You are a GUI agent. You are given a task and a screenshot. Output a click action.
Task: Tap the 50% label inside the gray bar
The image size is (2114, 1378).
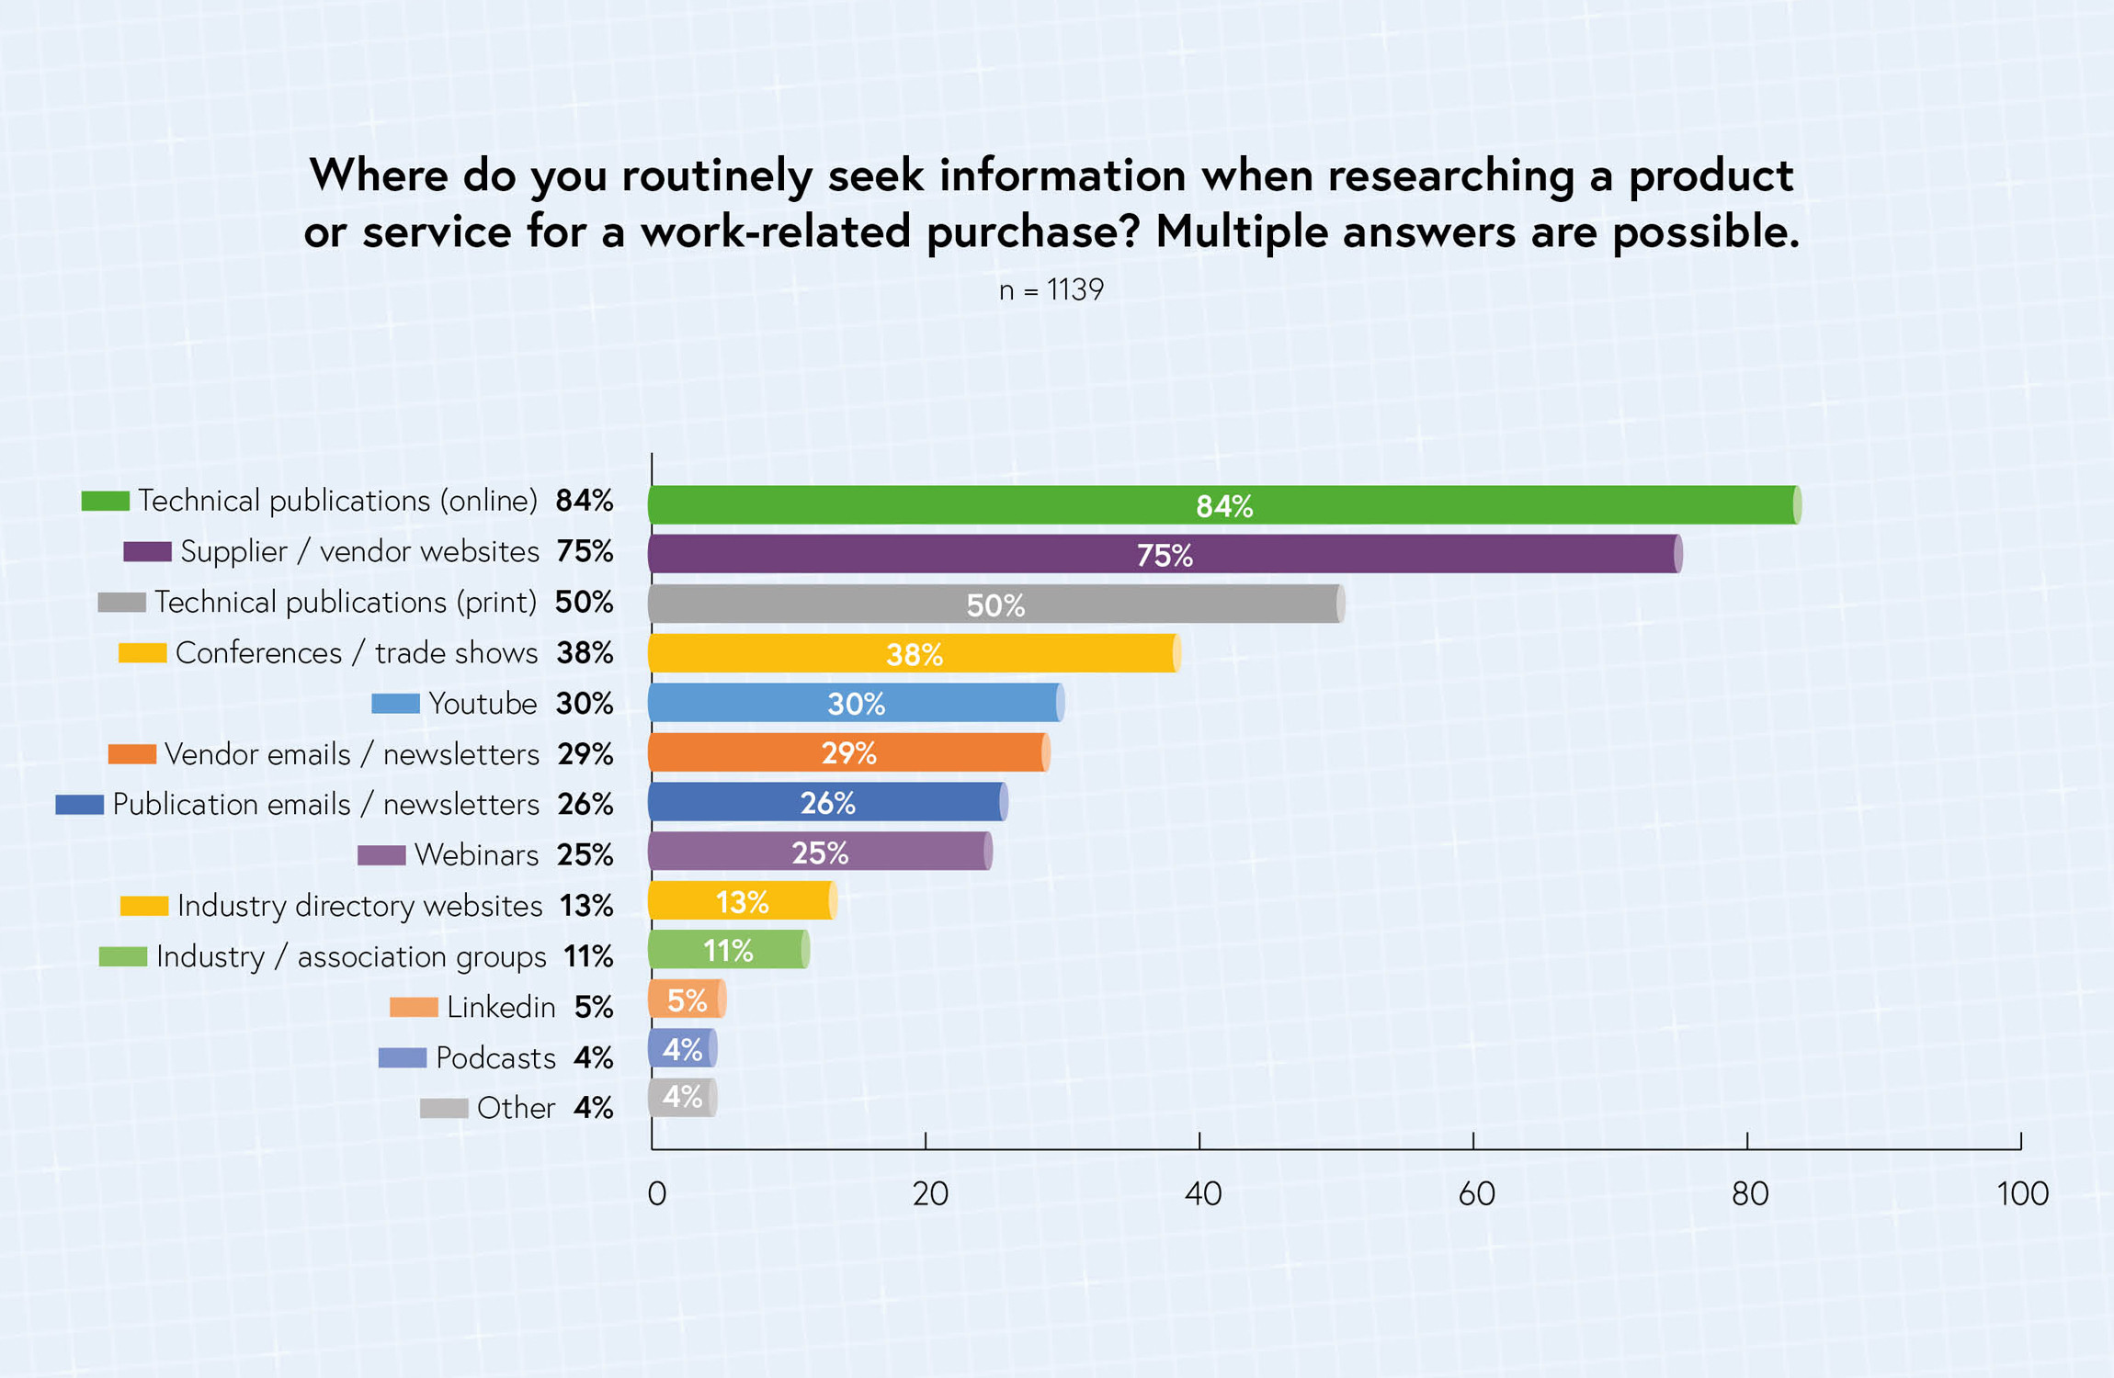995,605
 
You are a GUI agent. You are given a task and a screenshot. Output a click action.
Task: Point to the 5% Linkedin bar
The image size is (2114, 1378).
687,1000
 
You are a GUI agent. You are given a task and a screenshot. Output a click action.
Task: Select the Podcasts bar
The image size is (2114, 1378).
682,1049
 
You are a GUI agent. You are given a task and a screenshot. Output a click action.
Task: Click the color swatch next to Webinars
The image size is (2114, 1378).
381,855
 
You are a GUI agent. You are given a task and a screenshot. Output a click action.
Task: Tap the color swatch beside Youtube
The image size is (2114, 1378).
395,704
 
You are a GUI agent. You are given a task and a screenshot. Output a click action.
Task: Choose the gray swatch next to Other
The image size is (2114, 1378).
444,1109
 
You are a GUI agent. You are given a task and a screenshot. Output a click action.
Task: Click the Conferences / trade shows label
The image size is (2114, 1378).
357,653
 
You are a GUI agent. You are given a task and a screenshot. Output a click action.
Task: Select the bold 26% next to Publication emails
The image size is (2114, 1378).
585,805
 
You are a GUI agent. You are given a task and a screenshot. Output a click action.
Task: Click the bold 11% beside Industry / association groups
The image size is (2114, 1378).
588,957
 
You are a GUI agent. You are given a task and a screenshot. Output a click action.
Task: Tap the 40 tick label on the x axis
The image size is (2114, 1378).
1203,1194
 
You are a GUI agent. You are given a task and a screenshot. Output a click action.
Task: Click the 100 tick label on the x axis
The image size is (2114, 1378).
2022,1194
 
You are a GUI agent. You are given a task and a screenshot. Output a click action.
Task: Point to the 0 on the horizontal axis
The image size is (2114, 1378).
656,1194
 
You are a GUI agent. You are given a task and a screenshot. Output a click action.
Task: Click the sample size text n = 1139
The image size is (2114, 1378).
1051,290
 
